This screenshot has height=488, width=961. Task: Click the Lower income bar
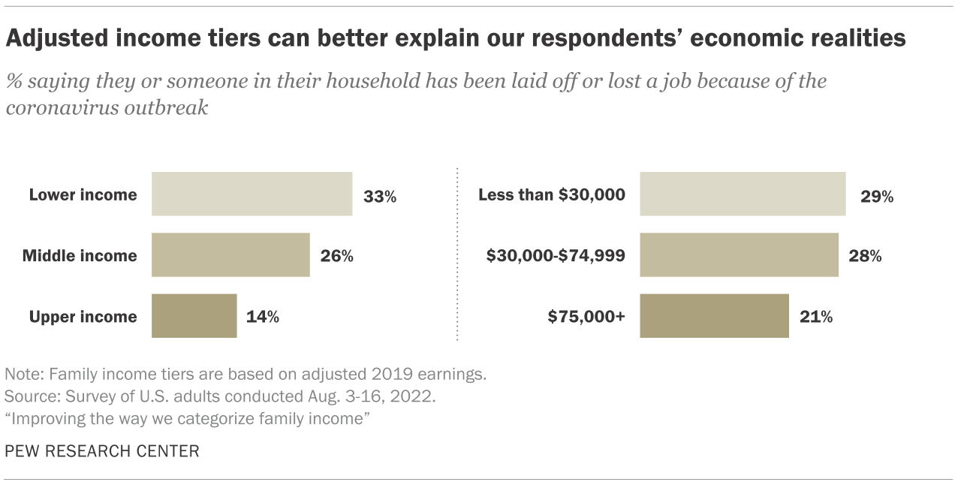pyautogui.click(x=252, y=194)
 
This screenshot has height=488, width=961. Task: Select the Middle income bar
pyautogui.click(x=230, y=255)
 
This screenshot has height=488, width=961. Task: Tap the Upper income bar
pyautogui.click(x=194, y=316)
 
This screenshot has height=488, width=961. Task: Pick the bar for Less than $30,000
pyautogui.click(x=743, y=194)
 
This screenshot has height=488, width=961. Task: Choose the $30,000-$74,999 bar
pyautogui.click(x=739, y=255)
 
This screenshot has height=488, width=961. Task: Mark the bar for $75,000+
pyautogui.click(x=714, y=316)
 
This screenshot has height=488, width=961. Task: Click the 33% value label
pyautogui.click(x=379, y=197)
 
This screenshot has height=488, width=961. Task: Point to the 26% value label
pyautogui.click(x=336, y=256)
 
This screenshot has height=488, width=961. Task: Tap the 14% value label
pyautogui.click(x=263, y=317)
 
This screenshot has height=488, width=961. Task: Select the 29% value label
pyautogui.click(x=877, y=197)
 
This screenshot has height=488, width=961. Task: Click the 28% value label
pyautogui.click(x=865, y=256)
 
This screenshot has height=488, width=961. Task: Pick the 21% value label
pyautogui.click(x=816, y=317)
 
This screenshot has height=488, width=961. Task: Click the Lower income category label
pyautogui.click(x=83, y=195)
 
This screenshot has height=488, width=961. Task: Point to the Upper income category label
pyautogui.click(x=83, y=317)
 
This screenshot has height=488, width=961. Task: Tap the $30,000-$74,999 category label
pyautogui.click(x=556, y=256)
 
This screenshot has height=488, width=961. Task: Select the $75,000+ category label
pyautogui.click(x=586, y=317)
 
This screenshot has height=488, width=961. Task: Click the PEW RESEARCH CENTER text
pyautogui.click(x=102, y=451)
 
